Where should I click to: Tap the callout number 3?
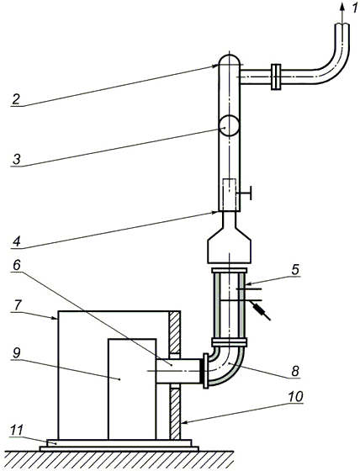pos(17,159)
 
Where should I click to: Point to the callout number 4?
pos(17,241)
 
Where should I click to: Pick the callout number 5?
pos(295,270)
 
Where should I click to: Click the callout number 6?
pos(16,265)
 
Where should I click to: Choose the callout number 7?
pos(17,305)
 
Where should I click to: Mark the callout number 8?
pos(295,371)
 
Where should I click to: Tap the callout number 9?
pos(16,353)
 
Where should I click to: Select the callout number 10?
pos(296,396)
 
